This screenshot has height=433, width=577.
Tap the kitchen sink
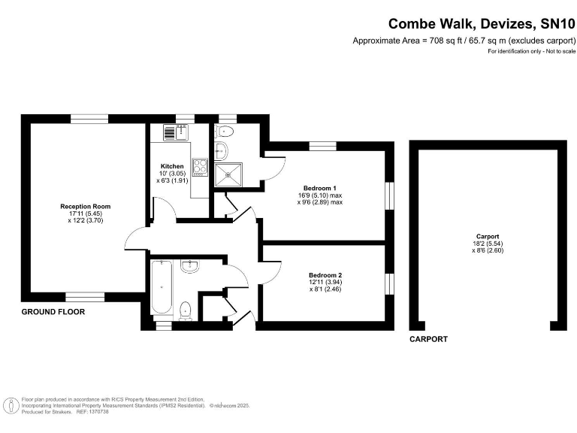tap(170, 132)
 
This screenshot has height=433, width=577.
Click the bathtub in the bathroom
tap(162, 288)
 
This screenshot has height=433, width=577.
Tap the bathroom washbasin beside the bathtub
tap(190, 265)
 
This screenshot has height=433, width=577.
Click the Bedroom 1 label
tap(319, 187)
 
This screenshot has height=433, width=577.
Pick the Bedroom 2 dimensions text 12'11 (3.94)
tap(325, 282)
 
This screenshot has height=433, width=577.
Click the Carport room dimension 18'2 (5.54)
tap(482, 244)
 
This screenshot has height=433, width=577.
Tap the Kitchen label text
tap(172, 166)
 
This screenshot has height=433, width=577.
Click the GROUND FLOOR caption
tap(53, 311)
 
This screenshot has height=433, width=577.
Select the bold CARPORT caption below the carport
tap(428, 340)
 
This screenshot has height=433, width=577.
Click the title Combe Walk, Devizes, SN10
tap(481, 23)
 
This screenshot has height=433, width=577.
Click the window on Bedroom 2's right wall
tap(389, 284)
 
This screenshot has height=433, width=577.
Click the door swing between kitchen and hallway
tap(165, 211)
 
